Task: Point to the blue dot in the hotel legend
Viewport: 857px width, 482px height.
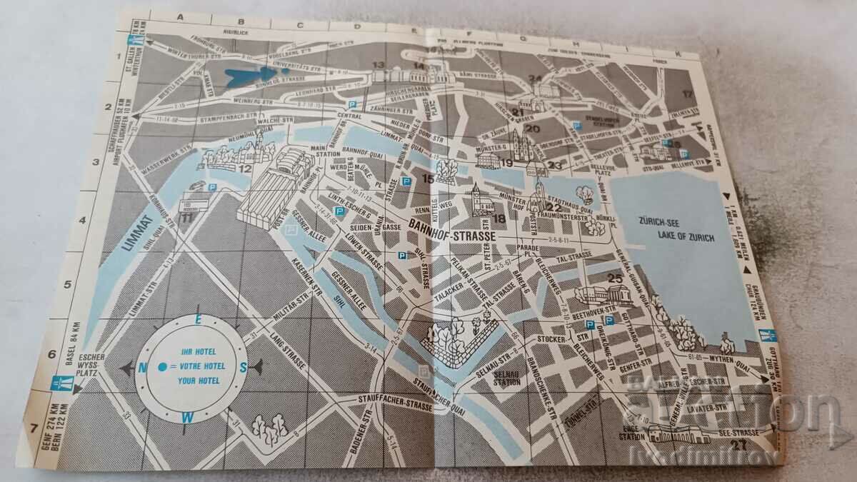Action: coord(163,366)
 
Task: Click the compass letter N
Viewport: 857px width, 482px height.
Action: coord(143,368)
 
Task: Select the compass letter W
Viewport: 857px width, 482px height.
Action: coord(187,417)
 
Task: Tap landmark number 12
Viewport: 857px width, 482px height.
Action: coord(245,169)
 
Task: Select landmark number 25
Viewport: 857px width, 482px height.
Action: coord(613,278)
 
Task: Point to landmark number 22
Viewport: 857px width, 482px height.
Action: coord(554,207)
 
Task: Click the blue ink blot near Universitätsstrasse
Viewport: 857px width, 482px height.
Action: coord(251,74)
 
